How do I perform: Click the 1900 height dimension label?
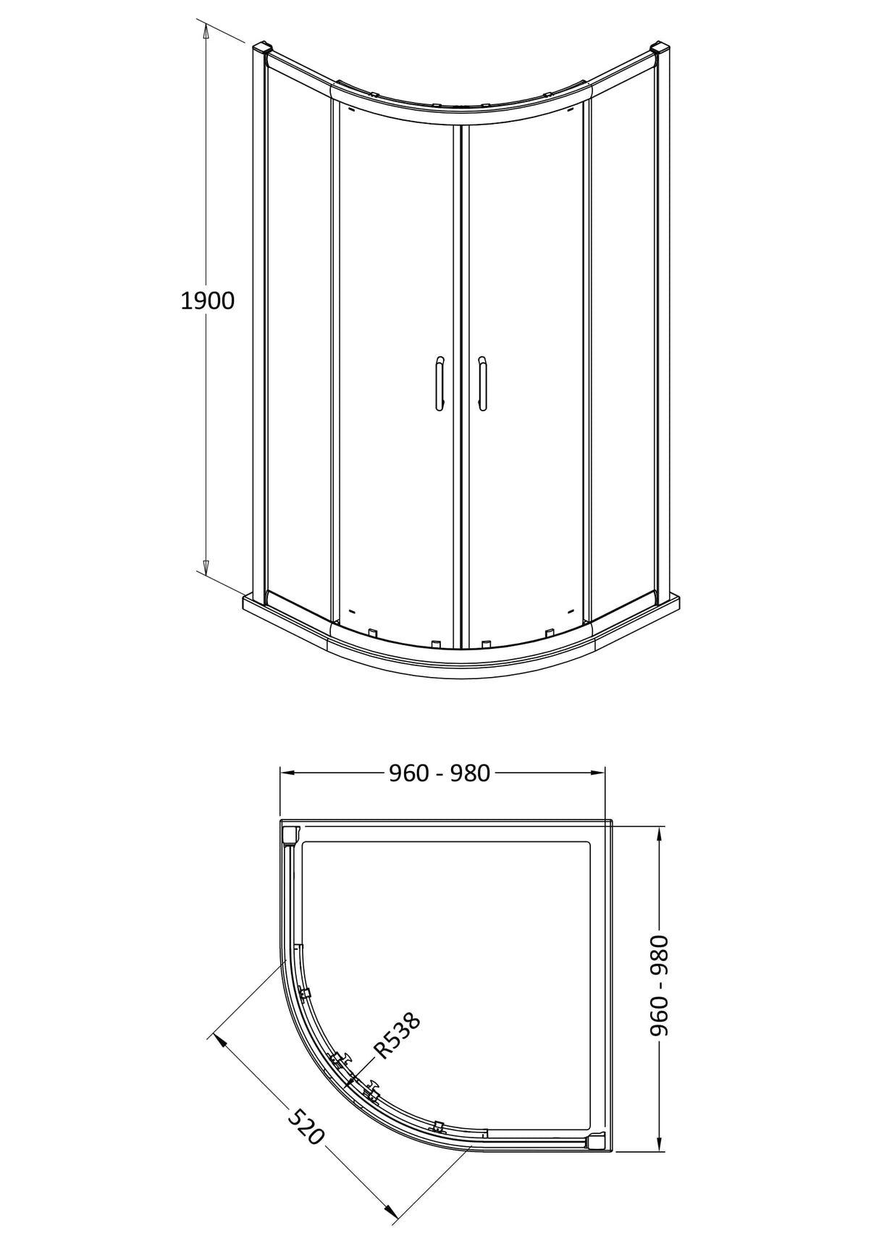tap(207, 301)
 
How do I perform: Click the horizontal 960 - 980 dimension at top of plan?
tap(440, 773)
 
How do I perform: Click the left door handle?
tap(439, 383)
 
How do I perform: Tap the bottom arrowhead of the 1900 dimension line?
tap(206, 567)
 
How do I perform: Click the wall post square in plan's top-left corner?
tap(290, 834)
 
